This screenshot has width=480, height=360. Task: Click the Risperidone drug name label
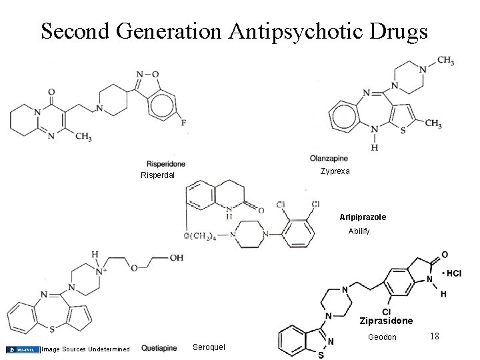click(x=165, y=164)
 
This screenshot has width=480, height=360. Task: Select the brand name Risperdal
click(x=157, y=175)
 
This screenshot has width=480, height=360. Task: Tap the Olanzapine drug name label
click(x=329, y=159)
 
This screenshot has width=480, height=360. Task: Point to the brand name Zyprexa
click(x=335, y=171)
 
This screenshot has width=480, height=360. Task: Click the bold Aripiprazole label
click(x=363, y=217)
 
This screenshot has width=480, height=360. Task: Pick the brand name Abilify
click(x=363, y=231)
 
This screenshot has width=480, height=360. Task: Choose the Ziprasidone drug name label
click(x=386, y=321)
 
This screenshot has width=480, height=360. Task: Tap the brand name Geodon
click(x=383, y=337)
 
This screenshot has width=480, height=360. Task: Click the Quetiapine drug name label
click(x=159, y=348)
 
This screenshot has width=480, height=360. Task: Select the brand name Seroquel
click(x=209, y=347)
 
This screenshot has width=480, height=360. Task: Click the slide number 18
click(x=435, y=337)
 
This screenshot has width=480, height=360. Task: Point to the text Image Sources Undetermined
click(x=85, y=349)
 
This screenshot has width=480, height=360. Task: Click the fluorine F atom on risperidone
click(x=183, y=123)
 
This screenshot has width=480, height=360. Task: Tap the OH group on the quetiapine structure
click(x=176, y=258)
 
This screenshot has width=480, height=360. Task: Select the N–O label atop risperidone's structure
click(x=148, y=74)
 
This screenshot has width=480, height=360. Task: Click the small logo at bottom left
click(x=23, y=349)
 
